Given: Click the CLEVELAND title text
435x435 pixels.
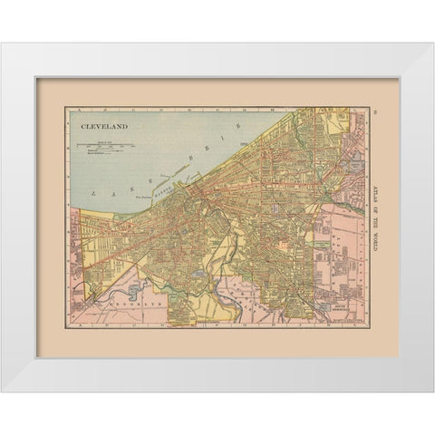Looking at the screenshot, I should [101, 129].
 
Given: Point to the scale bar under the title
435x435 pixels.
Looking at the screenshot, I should [106, 144].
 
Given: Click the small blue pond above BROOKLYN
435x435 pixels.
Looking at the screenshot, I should [136, 290].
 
